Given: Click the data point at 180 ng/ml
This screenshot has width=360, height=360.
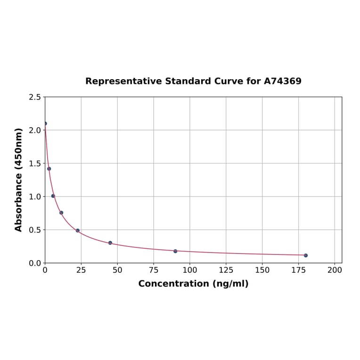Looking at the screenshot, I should point(306,255).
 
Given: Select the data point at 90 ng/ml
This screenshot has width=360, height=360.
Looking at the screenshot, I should point(175,251).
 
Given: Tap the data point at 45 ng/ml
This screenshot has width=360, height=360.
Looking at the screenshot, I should point(110,243).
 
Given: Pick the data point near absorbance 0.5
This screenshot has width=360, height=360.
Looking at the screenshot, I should point(78,230).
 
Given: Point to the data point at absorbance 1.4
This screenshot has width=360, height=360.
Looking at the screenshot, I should point(49,169).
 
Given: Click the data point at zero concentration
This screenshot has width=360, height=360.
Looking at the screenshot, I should point(45,123).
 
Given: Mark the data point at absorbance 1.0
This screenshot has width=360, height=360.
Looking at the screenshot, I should point(53,196).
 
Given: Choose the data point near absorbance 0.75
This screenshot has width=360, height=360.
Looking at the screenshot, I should point(61,213).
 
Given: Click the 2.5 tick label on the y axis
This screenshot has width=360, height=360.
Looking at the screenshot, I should point(35,97).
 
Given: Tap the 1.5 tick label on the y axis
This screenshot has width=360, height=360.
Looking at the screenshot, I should point(35,164).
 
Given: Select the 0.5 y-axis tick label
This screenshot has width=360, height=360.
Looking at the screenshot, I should point(35,230).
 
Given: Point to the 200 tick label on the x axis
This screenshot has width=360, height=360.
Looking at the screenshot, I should point(335,270).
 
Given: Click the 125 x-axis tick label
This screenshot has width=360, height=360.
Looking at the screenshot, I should point(226,270).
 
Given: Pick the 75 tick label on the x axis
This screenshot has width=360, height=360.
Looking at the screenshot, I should point(154,270).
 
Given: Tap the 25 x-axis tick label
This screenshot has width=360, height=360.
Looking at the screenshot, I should point(81,270).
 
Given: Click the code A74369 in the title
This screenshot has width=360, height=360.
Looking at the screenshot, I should point(282,81).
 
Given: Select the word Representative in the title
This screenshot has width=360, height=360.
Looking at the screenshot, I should point(124,81).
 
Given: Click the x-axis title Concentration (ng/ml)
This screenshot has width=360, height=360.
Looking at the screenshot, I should point(193,284).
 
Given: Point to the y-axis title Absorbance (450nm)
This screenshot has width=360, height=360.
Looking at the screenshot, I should point(19,180).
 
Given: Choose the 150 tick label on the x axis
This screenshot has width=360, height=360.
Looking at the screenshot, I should point(262,270).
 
